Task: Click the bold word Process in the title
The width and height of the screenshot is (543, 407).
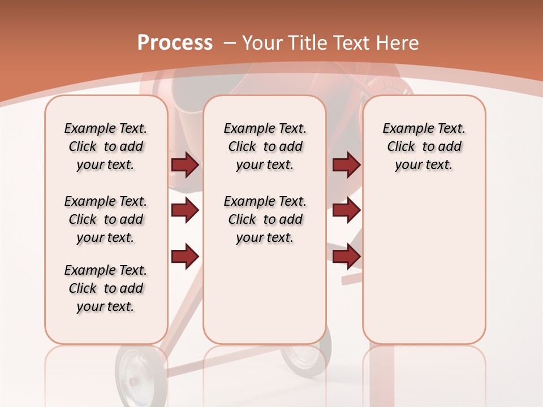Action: pos(175,43)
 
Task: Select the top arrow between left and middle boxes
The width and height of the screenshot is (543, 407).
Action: pos(185,165)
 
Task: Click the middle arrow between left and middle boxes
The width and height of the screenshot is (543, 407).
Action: pos(185,210)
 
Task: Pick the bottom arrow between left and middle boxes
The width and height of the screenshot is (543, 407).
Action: pos(185,256)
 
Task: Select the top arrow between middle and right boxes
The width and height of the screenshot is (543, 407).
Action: pos(346,165)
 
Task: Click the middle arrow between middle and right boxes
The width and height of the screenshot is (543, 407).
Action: pos(346,210)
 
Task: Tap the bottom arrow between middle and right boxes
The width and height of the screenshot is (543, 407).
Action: pos(346,256)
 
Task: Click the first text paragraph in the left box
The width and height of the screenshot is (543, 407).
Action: pos(106,146)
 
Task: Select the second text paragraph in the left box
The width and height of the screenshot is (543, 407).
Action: pos(106,219)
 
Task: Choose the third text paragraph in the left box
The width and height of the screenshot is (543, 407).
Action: pos(106,288)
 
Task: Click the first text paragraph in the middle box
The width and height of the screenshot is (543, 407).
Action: pos(265,146)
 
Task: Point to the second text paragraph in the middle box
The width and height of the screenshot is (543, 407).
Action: pos(265,219)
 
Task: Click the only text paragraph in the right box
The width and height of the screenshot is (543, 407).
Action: pos(424,146)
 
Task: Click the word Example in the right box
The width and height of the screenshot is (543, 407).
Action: pos(403,128)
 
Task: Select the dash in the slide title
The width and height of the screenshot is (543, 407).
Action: pos(230,43)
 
